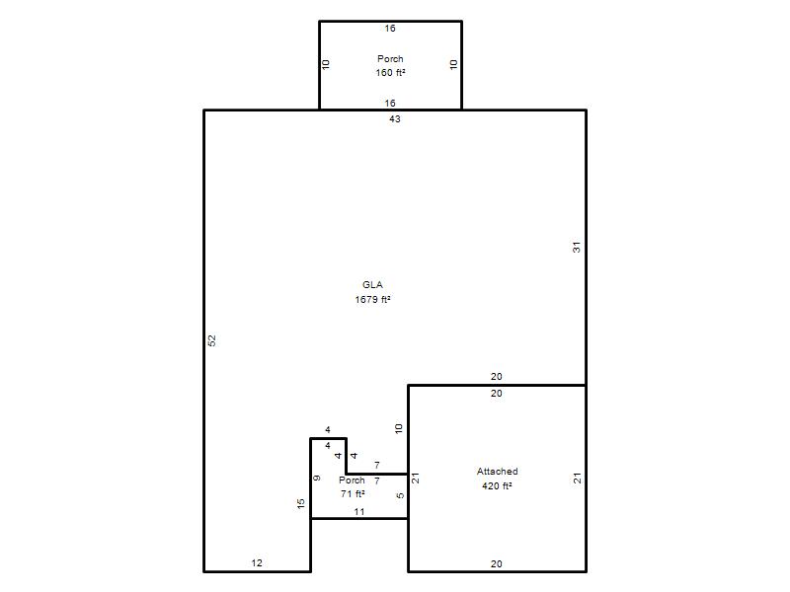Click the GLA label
click(x=372, y=285)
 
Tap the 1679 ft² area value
click(x=372, y=300)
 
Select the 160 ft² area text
click(x=390, y=72)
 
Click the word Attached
click(x=498, y=472)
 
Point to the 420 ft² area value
click(x=497, y=485)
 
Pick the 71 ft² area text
click(x=353, y=494)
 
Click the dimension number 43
click(x=394, y=118)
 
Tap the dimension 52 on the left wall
click(x=212, y=340)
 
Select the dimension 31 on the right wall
click(x=577, y=248)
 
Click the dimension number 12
click(x=257, y=562)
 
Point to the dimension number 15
click(x=301, y=503)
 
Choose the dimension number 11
click(x=359, y=511)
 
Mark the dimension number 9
click(x=316, y=478)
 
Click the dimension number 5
click(x=400, y=495)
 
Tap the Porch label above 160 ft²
click(x=390, y=59)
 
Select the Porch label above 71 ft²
click(x=352, y=481)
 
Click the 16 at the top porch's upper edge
click(x=390, y=29)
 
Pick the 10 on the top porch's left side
click(x=326, y=64)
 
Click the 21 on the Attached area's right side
click(x=577, y=479)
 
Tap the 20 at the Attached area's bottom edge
click(x=497, y=563)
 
